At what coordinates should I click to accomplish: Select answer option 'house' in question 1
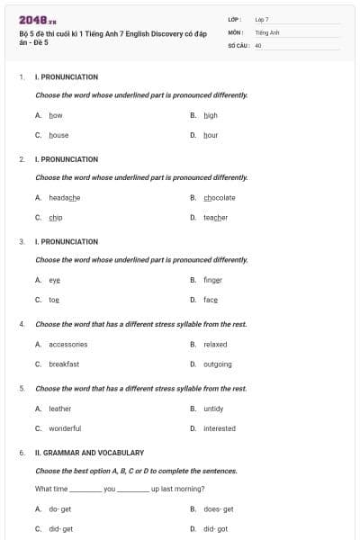tap(58, 135)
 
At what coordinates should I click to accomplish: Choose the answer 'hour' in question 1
tap(211, 135)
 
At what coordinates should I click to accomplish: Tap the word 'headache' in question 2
tap(64, 197)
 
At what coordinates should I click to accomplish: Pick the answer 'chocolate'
tap(220, 197)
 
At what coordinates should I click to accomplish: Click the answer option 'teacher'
tap(215, 217)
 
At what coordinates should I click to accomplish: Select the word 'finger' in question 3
tap(211, 279)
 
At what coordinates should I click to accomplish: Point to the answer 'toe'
tap(54, 300)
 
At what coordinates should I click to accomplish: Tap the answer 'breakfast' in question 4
tap(64, 364)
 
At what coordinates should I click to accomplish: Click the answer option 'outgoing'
tap(217, 364)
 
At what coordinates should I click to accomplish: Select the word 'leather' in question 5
tap(59, 408)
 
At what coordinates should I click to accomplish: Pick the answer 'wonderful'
tap(65, 428)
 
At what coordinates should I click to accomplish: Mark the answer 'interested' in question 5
tap(219, 428)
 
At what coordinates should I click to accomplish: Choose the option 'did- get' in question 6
tap(60, 529)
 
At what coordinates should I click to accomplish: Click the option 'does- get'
tap(218, 508)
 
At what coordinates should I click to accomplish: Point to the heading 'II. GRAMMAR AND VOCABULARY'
tap(89, 453)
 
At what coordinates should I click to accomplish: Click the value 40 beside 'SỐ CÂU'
tap(258, 44)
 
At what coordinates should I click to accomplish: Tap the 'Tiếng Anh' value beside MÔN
tap(267, 31)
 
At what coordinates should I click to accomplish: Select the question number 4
tap(22, 324)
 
